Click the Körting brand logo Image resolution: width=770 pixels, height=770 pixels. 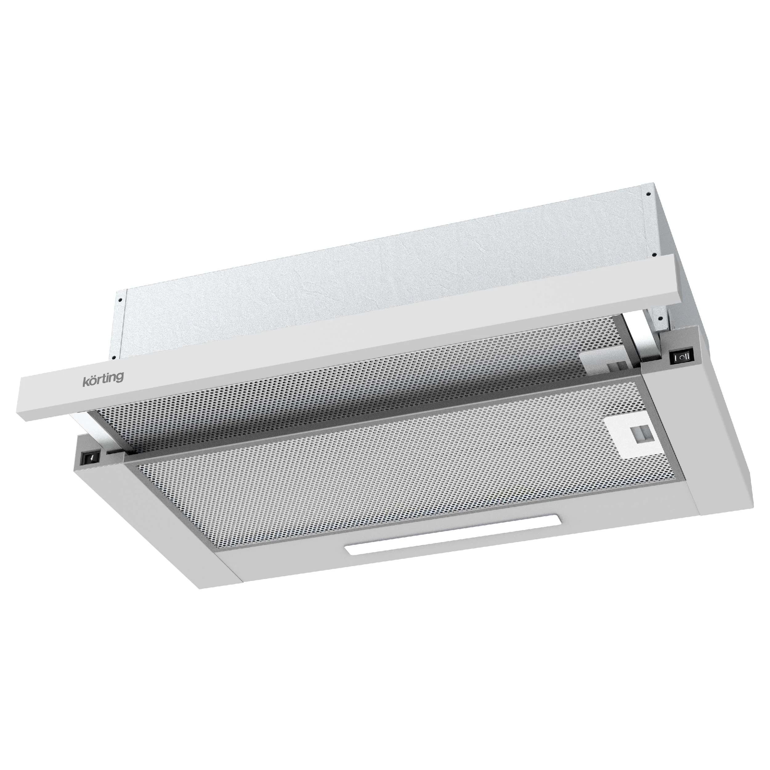coord(103,378)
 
